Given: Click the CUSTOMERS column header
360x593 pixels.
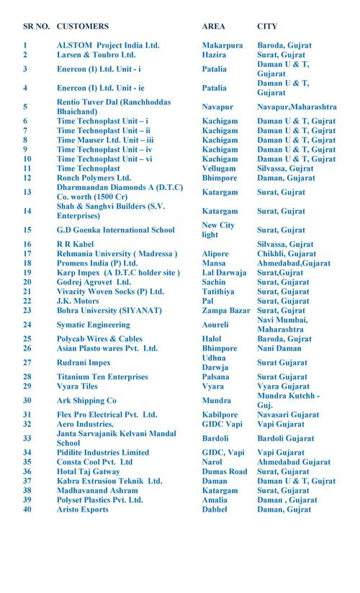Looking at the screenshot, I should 82,26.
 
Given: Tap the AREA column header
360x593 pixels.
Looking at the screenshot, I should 214,26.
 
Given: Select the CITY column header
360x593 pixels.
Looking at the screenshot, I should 268,26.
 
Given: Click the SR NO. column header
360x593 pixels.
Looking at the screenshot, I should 36,26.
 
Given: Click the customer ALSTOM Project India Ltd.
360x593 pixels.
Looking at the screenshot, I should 107,45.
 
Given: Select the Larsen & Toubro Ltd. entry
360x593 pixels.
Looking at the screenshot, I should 96,54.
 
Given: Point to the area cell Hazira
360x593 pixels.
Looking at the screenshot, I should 214,54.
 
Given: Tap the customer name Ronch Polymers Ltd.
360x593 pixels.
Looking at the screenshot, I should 94,177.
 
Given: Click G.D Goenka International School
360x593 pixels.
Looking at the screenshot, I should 115,230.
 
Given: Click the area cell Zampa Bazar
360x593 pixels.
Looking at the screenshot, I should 226,310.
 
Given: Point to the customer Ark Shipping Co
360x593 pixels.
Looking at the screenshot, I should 86,400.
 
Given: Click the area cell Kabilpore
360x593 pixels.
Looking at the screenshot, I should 220,415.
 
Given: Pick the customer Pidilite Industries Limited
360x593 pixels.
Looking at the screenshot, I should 103,452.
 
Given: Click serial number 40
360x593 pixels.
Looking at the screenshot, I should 27,509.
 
